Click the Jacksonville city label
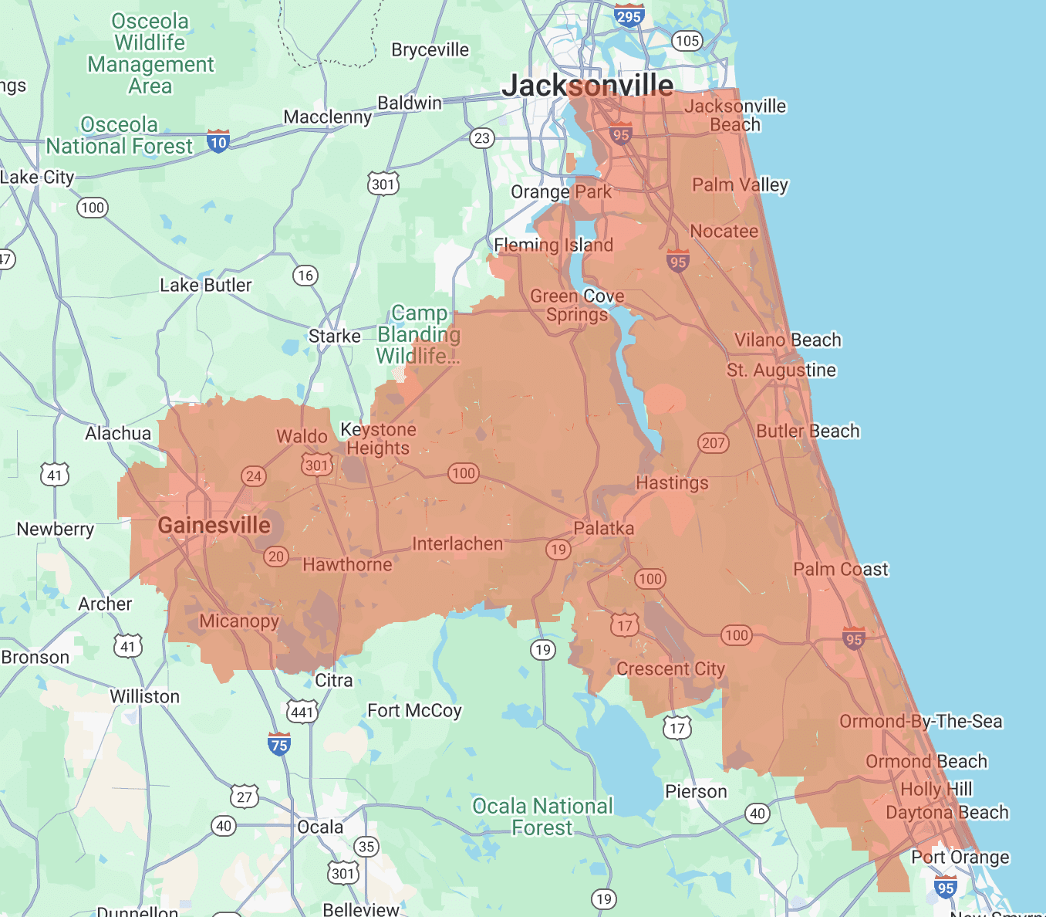587,85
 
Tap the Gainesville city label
214,526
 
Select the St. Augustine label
781,371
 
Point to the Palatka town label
603,529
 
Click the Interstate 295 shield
629,16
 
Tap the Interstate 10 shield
218,141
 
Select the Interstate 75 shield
279,744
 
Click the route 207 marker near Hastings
713,443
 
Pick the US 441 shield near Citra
302,711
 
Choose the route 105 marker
687,41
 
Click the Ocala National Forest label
542,817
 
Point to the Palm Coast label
840,570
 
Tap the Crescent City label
670,669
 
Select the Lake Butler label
205,286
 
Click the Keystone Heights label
378,438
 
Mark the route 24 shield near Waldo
254,476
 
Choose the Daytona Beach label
946,813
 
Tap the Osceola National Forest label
119,135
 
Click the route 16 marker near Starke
305,276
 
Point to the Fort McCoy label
414,710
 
